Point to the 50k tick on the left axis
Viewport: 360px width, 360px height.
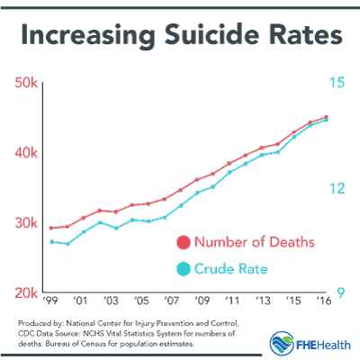pyautogui.click(x=26, y=83)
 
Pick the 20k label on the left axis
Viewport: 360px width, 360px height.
pyautogui.click(x=26, y=293)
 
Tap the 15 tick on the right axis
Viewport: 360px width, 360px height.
pyautogui.click(x=338, y=83)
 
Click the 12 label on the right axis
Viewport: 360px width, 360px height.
pyautogui.click(x=338, y=188)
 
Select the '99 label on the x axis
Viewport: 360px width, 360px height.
pyautogui.click(x=50, y=301)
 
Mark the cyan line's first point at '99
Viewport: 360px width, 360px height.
pyautogui.click(x=52, y=241)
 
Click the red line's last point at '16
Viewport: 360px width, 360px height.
pyautogui.click(x=325, y=117)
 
